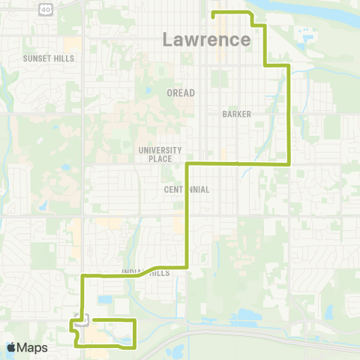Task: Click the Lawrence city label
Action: (x=206, y=39)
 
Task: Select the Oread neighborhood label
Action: (x=180, y=93)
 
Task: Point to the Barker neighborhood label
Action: (x=236, y=114)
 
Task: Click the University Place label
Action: (x=155, y=154)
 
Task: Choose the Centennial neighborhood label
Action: (x=186, y=190)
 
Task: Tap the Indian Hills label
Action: (x=145, y=273)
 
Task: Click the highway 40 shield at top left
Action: (x=45, y=9)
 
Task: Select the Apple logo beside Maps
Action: (x=12, y=347)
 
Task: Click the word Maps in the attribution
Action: (x=33, y=347)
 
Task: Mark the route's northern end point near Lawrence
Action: (x=214, y=14)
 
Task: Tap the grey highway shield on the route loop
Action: (x=82, y=319)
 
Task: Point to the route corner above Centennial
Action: (x=186, y=163)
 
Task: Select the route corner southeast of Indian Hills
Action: (x=186, y=266)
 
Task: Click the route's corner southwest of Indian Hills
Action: (x=82, y=277)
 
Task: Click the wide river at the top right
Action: (x=315, y=9)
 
